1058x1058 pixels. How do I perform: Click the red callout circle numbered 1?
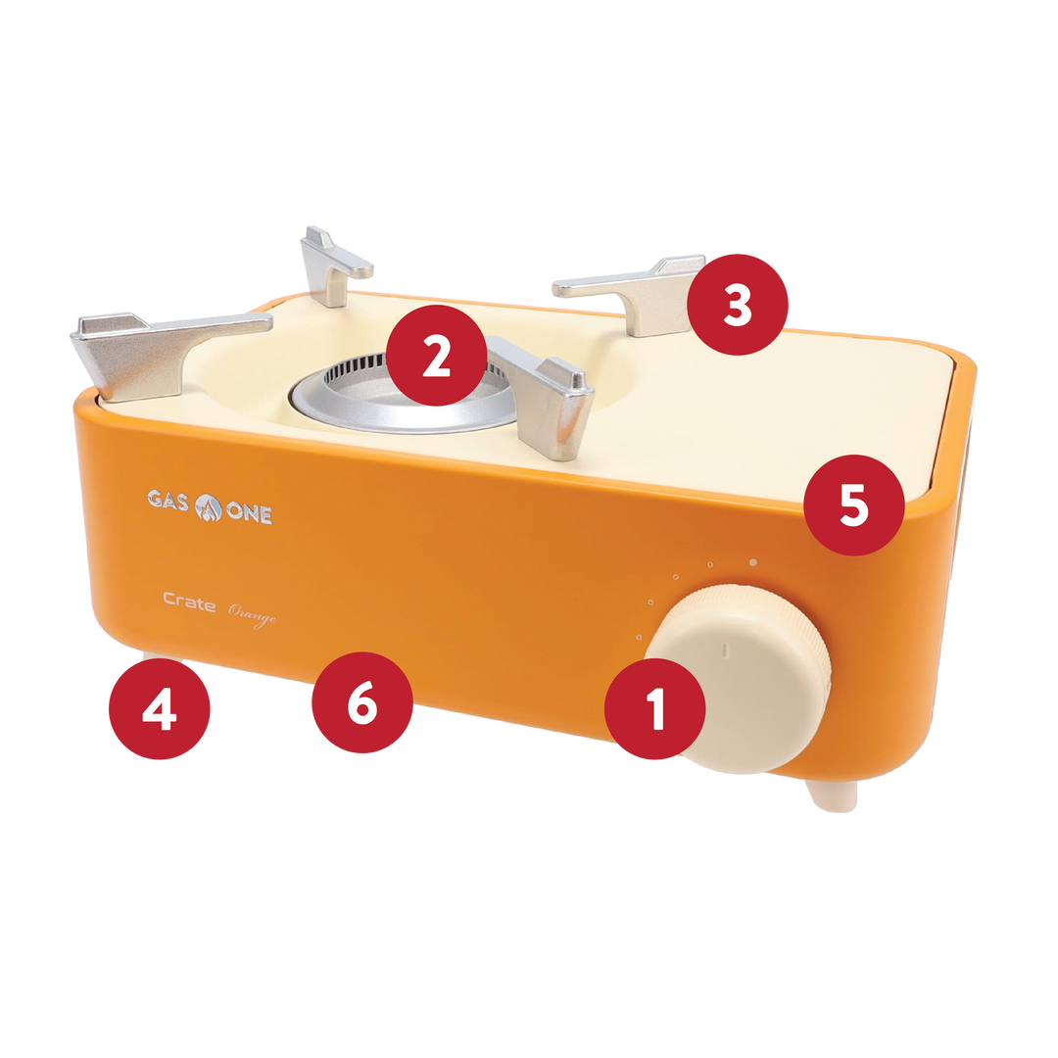654,709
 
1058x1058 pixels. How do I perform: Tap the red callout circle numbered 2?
437,356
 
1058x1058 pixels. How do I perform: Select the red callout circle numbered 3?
738,305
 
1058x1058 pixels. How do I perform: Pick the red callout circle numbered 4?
160,709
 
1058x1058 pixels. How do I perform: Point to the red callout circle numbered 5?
853,505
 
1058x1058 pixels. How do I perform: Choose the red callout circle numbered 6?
362,702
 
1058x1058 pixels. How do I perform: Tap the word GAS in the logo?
168,500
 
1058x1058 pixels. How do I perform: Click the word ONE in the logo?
249,512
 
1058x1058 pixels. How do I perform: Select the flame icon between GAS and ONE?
208,507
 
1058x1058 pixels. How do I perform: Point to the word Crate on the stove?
189,601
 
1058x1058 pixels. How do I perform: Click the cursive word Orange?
252,614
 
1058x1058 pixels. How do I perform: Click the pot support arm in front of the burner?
547,398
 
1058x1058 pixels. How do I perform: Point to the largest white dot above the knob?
753,562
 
